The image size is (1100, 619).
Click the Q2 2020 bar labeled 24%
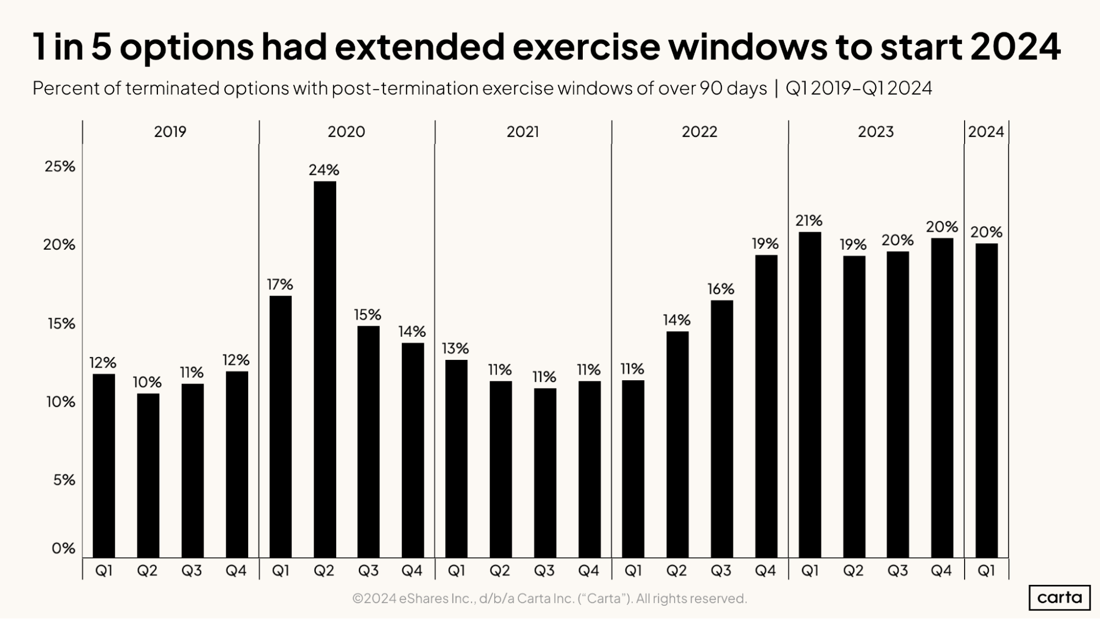[x=325, y=369]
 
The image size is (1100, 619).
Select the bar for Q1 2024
[x=986, y=401]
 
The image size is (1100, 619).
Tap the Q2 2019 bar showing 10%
[x=148, y=475]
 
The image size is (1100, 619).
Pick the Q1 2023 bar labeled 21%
[x=809, y=395]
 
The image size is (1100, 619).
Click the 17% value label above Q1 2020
[x=280, y=284]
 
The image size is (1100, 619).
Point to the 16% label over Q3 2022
[x=721, y=289]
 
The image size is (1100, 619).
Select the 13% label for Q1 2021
[x=455, y=348]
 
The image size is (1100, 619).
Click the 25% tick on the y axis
[x=59, y=166]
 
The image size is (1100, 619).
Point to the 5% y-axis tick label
[x=64, y=480]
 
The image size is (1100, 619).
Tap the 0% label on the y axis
[x=63, y=548]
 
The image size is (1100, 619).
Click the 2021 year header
[x=523, y=132]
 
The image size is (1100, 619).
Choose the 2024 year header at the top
[x=986, y=132]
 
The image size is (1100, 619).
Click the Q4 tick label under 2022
[x=765, y=571]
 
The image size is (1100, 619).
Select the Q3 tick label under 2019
[x=191, y=571]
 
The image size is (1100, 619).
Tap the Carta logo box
[x=1059, y=598]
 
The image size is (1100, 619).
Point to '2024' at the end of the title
[x=1015, y=47]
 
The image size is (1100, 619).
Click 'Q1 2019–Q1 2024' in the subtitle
[x=858, y=89]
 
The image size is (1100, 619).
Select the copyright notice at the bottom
[x=549, y=599]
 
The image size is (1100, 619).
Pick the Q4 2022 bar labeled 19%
[x=766, y=406]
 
